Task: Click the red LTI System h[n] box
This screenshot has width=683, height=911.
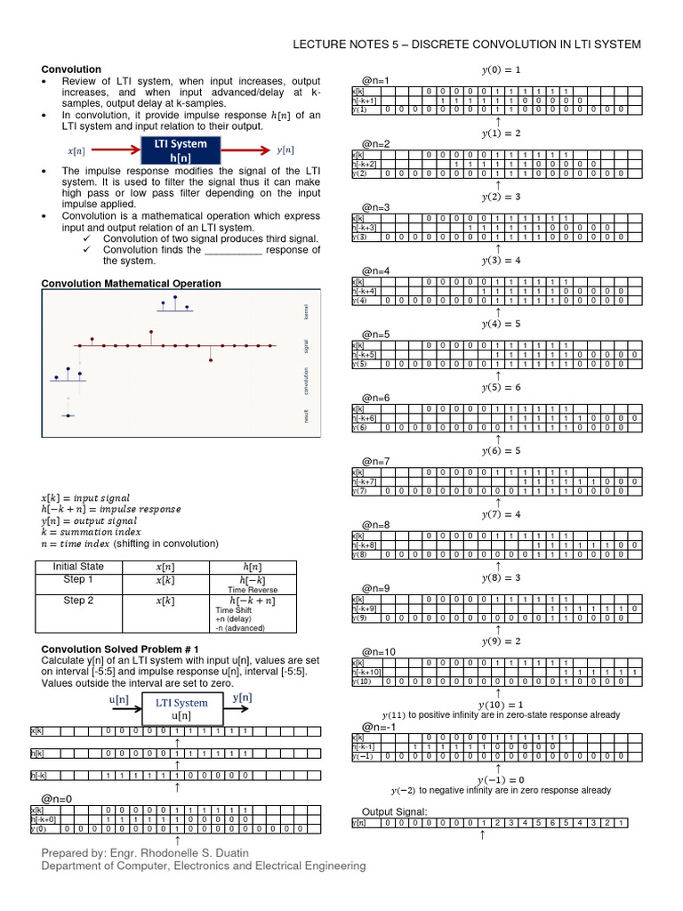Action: [x=181, y=150]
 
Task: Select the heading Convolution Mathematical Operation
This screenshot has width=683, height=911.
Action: [x=132, y=284]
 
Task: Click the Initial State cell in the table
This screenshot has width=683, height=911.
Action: [x=78, y=567]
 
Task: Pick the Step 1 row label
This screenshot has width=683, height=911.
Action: [x=78, y=580]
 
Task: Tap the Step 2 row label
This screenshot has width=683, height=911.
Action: [x=78, y=601]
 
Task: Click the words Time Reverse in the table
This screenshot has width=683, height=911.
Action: [x=253, y=589]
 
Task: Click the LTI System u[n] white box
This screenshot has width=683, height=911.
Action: [x=181, y=709]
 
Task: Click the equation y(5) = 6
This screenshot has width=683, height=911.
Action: [x=501, y=388]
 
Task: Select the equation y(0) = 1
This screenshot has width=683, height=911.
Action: [x=501, y=69]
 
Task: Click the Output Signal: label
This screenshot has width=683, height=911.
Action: [x=394, y=811]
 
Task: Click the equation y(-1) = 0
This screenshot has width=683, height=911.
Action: [x=501, y=779]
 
